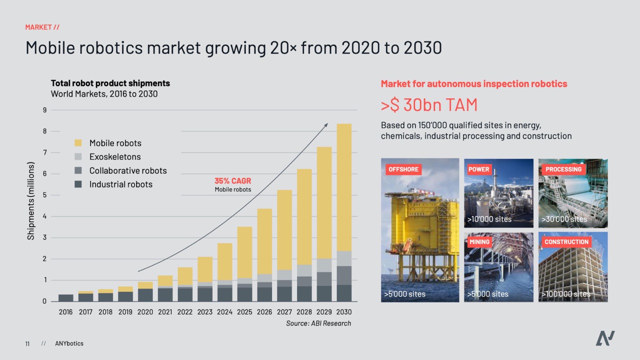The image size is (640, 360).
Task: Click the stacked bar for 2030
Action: coord(344,212)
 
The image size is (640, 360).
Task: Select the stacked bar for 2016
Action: coord(65,298)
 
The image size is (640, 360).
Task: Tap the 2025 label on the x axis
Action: coord(244,312)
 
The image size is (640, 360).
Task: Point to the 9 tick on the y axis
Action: coord(45,110)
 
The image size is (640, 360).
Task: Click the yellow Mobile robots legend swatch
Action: coord(78,143)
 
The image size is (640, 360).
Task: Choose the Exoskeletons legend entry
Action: coord(115,156)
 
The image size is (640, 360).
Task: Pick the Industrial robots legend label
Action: coord(120,184)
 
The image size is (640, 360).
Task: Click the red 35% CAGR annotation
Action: coord(233,181)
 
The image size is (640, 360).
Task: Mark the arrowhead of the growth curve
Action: coord(326,125)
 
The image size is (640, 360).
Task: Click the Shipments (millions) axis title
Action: coord(31,201)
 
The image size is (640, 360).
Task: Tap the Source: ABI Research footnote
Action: coord(318,323)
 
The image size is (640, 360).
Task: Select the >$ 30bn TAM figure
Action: coord(429,105)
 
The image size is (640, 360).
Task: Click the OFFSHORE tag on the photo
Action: coord(403,169)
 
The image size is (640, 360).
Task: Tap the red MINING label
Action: coord(479,242)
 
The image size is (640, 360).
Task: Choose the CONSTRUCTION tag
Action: coord(566,242)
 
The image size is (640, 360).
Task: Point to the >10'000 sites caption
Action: coord(489,219)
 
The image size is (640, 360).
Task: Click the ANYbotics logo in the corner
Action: coord(605,338)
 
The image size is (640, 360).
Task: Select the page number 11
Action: coord(27,343)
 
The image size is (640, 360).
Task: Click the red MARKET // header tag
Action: coord(42,27)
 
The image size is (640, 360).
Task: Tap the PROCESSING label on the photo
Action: coord(563,169)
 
